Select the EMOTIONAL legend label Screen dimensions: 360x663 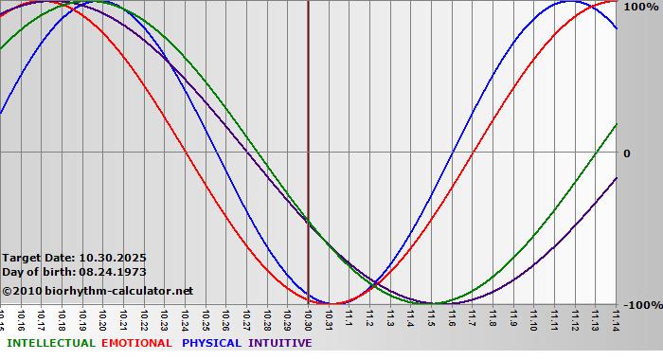click(136, 343)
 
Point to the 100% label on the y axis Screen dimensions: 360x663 click(640, 7)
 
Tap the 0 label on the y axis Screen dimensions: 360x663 click(626, 153)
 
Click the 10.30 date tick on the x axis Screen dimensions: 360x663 click(309, 319)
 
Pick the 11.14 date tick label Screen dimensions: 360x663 click(617, 319)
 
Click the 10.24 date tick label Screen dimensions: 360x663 click(186, 319)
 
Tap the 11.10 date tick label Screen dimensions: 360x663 click(534, 319)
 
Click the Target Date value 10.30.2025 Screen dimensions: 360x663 click(113, 257)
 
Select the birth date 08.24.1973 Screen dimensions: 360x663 click(113, 271)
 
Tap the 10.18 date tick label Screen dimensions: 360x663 click(63, 319)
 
